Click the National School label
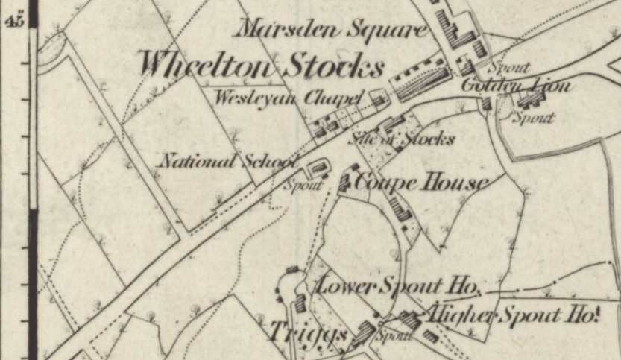point(228,160)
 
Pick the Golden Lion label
point(516,86)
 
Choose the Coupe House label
point(422,182)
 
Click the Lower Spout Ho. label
point(399,285)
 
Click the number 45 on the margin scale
point(14,20)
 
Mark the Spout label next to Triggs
point(393,335)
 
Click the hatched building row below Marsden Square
point(423,83)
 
